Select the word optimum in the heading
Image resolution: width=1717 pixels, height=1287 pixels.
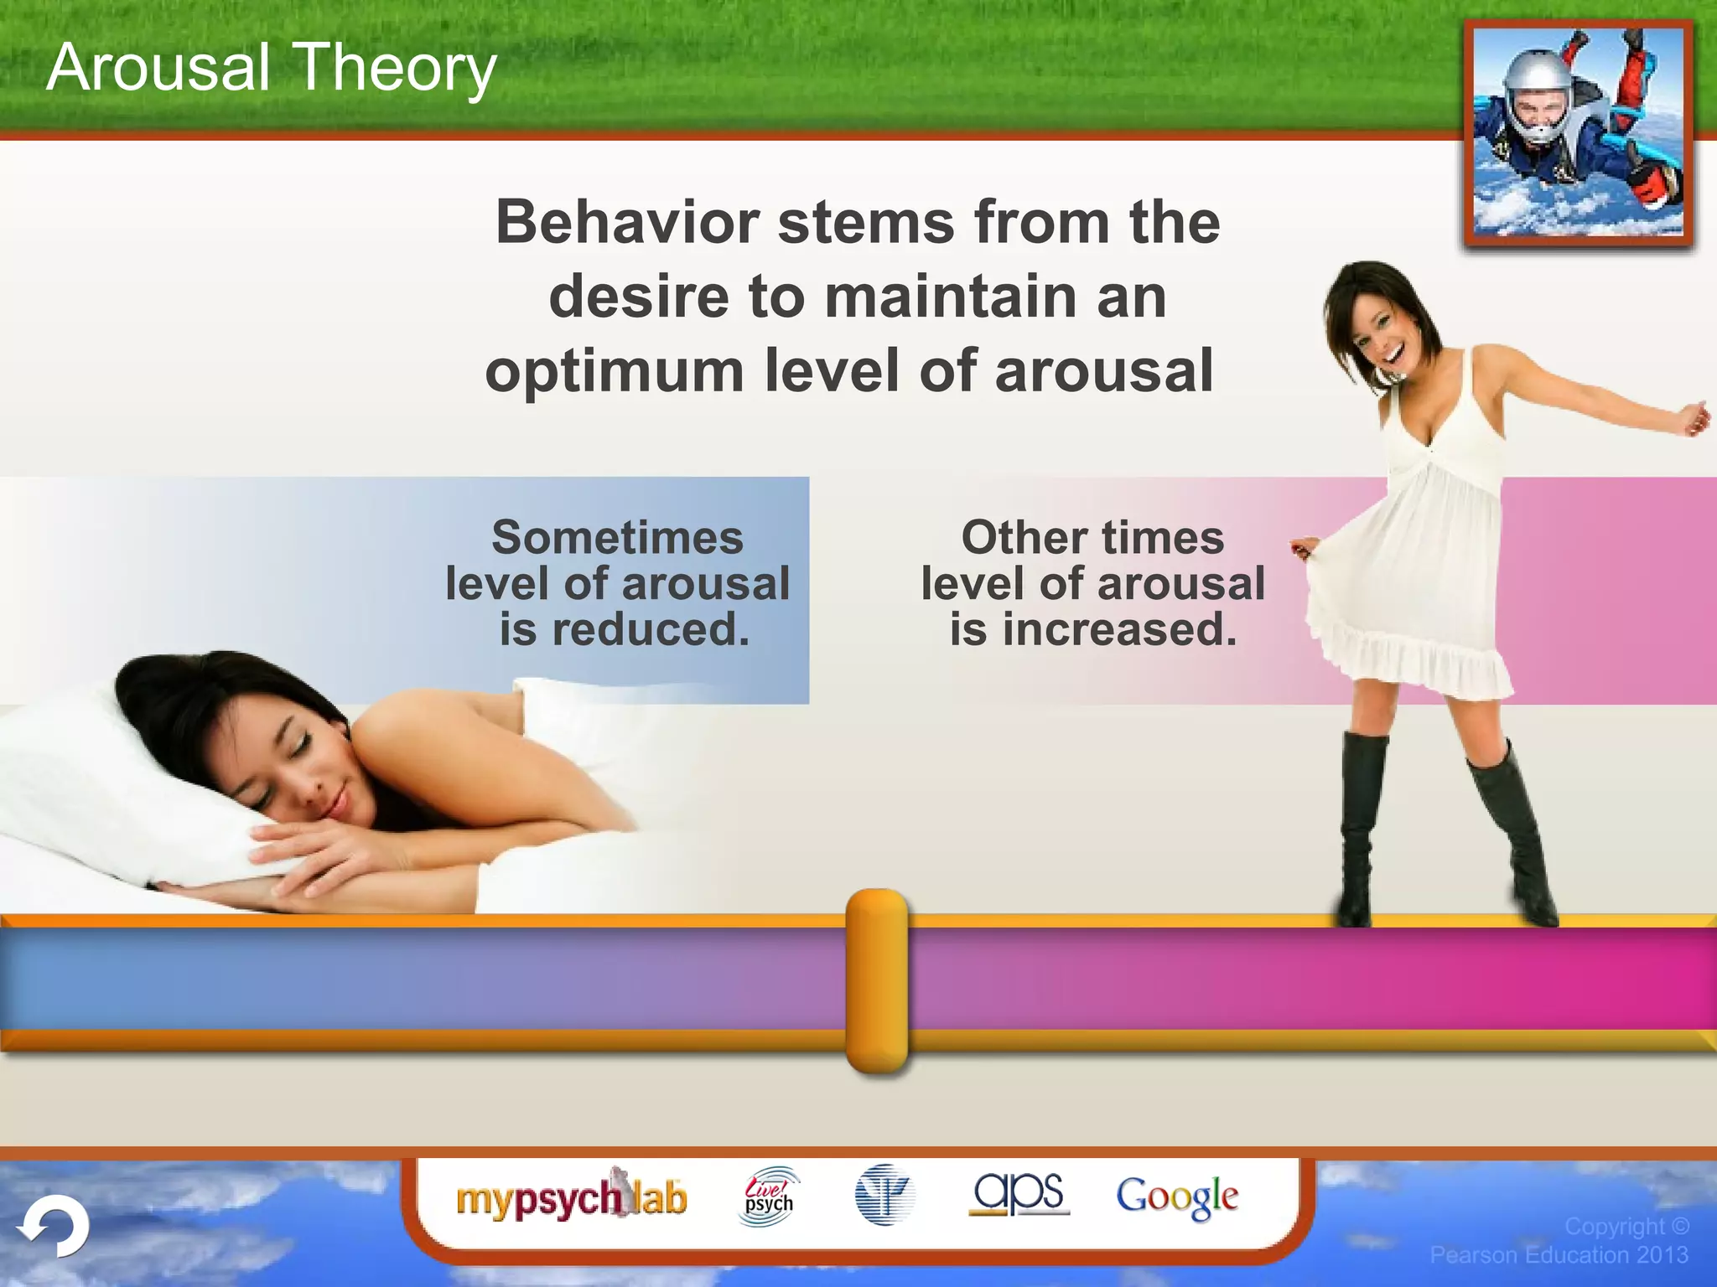(x=615, y=371)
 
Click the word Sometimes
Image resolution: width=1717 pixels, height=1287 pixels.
(x=617, y=537)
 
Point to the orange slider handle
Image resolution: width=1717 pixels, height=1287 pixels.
(x=877, y=980)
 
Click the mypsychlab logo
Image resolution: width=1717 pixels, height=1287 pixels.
(x=572, y=1198)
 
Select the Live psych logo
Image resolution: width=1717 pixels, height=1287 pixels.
(x=769, y=1197)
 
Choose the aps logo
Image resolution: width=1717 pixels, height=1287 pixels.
(x=1019, y=1193)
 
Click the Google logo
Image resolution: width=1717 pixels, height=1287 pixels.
(x=1176, y=1197)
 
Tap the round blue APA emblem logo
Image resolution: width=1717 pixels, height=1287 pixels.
(x=884, y=1195)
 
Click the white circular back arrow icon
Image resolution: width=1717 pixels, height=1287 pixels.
(x=54, y=1227)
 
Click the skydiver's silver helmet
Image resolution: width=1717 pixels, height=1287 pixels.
(x=1536, y=84)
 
